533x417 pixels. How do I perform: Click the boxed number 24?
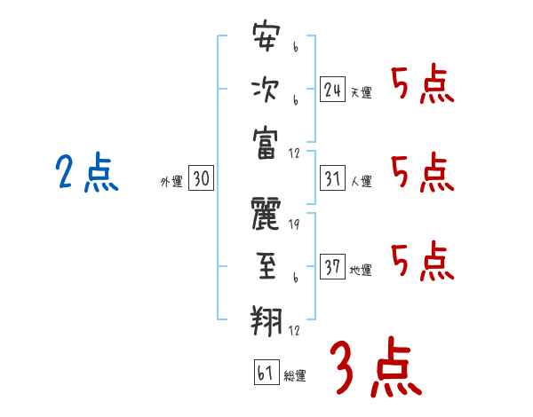click(x=332, y=89)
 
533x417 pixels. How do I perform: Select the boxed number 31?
click(x=332, y=178)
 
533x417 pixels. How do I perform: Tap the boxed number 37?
click(x=332, y=266)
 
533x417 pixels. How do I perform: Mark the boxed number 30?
click(x=201, y=178)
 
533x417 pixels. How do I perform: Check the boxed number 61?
click(x=266, y=372)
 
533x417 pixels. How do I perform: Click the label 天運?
click(x=361, y=92)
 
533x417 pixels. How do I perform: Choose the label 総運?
click(x=295, y=375)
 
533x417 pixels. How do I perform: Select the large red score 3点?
click(x=374, y=366)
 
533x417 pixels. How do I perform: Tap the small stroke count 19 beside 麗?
click(x=294, y=224)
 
